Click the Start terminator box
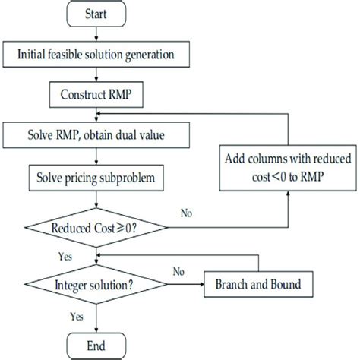[96, 14]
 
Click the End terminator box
[96, 346]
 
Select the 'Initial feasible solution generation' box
[96, 55]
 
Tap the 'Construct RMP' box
[96, 95]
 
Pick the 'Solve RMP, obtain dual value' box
[96, 135]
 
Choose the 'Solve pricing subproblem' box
[96, 178]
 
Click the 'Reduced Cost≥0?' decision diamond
[96, 228]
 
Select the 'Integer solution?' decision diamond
[96, 284]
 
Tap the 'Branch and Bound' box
[258, 284]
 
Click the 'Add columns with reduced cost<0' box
[288, 168]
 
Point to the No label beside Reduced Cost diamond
[186, 213]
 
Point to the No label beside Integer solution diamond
[178, 272]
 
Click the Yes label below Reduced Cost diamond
[65, 257]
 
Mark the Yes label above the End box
[77, 317]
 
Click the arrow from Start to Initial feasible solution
[96, 34]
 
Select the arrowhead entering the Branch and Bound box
[202, 284]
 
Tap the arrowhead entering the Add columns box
[288, 193]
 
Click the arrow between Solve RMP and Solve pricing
[96, 156]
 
